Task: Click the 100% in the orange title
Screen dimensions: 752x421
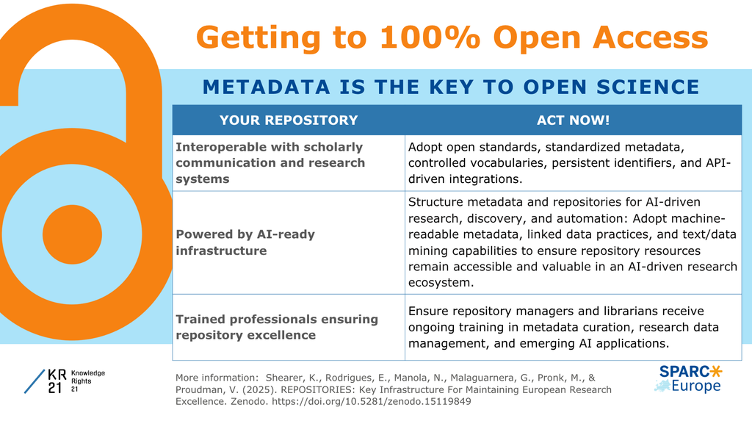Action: coord(430,37)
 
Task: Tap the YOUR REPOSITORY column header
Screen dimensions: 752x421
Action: coord(289,120)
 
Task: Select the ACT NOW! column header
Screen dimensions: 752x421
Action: coord(573,120)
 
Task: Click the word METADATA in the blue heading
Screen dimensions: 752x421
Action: coord(266,87)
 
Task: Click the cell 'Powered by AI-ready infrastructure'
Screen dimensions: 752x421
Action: coord(289,242)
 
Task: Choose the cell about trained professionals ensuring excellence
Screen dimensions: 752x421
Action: coord(289,328)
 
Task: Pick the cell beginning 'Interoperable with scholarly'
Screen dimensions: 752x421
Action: coord(289,162)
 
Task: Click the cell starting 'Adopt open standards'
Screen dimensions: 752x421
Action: coord(573,162)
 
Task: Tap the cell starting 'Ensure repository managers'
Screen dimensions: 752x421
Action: coord(573,328)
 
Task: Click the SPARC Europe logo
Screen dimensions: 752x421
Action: coord(688,379)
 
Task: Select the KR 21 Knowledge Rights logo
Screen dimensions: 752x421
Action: coord(65,381)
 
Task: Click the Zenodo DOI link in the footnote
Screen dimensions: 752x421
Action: coord(371,401)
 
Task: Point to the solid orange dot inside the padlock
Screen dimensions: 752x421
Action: coord(73,234)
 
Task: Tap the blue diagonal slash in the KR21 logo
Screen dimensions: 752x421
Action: coord(35,381)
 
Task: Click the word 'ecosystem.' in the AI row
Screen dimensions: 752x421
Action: coord(441,283)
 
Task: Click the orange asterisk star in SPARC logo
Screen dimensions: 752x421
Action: coord(715,372)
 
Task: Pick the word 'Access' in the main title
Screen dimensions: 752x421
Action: coord(651,37)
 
